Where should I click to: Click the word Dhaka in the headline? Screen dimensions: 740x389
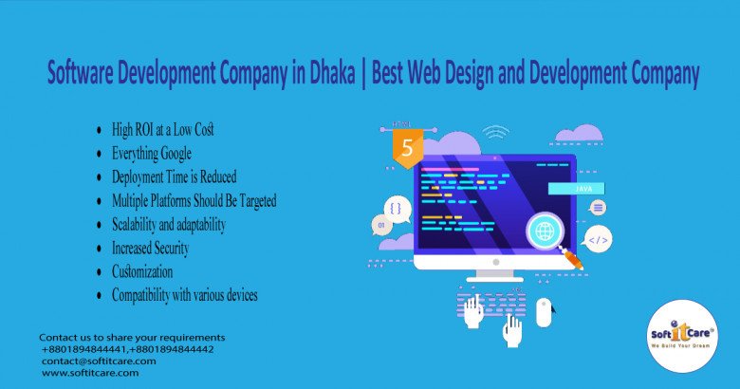tap(332, 73)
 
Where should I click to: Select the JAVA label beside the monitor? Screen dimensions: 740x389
tap(576, 189)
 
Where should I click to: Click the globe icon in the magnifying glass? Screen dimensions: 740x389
tap(546, 231)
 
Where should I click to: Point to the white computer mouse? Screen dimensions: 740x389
tap(544, 312)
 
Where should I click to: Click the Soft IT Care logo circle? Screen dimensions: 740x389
tap(682, 336)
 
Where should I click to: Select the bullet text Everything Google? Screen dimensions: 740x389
tap(152, 154)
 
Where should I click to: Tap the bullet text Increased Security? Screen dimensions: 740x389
tap(150, 248)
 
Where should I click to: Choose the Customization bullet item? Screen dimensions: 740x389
tap(142, 271)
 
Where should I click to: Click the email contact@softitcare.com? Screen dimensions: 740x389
tap(99, 361)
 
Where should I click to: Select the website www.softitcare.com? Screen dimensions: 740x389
tap(90, 373)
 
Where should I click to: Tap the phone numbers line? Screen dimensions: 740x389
tap(127, 349)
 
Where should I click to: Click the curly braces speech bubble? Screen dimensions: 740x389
tap(397, 209)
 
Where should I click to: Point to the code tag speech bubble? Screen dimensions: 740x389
tap(598, 239)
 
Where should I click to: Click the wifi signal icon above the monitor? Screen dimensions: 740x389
tap(495, 132)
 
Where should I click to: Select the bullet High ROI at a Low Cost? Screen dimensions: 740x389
tap(163, 129)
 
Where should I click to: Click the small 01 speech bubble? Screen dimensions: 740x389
tap(380, 225)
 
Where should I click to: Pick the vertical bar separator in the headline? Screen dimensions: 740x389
tap(363, 74)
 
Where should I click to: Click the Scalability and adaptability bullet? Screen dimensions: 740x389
tap(169, 224)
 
